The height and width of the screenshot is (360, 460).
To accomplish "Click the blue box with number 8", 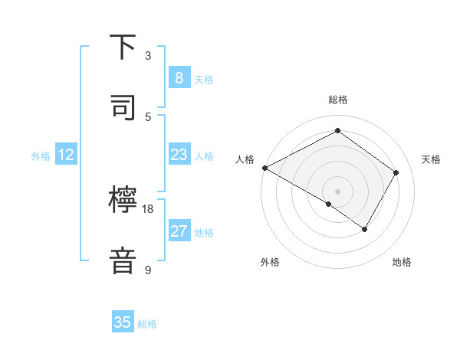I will [x=179, y=77].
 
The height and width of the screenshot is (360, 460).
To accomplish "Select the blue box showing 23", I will [x=179, y=155].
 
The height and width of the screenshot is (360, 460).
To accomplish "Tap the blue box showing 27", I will [x=179, y=231].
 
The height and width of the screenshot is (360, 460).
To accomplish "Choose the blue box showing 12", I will [x=66, y=155].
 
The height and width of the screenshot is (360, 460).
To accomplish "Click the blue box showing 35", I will [x=123, y=322].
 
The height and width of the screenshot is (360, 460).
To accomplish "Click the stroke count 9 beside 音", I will [x=148, y=270].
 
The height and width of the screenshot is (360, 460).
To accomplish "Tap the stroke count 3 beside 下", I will [x=148, y=55].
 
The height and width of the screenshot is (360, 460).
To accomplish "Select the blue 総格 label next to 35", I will [x=148, y=324].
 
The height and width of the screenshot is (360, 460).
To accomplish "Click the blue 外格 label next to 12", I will [x=41, y=155].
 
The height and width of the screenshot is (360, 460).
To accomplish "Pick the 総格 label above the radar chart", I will [x=338, y=100].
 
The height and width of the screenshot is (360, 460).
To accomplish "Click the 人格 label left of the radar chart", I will [x=245, y=159].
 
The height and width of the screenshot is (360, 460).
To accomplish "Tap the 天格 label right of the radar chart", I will [x=431, y=159].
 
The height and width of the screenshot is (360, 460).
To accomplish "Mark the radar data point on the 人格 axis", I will [x=264, y=168].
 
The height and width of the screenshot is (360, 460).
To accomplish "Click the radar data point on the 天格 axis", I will [x=396, y=172].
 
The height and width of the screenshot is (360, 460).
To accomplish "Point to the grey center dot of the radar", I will [x=338, y=191].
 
